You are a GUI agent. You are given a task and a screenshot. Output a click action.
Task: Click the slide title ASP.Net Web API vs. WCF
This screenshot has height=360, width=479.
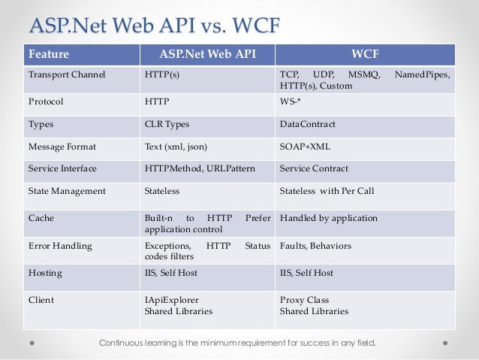153,26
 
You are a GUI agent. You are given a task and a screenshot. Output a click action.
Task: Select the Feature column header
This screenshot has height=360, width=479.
48,54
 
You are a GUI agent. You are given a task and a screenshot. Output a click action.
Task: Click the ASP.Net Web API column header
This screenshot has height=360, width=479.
207,54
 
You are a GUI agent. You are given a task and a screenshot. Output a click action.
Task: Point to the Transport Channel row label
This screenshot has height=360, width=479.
67,75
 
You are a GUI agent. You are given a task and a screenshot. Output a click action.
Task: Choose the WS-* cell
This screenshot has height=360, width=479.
291,101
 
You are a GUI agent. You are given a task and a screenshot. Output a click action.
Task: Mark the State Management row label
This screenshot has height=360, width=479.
67,191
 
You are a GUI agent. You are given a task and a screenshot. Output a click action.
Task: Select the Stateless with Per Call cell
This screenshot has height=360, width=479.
327,191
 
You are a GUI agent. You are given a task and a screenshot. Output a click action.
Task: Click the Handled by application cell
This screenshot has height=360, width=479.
328,218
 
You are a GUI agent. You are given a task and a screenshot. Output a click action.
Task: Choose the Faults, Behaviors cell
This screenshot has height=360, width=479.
315,246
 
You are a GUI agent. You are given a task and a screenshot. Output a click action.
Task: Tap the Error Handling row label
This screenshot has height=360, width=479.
59,246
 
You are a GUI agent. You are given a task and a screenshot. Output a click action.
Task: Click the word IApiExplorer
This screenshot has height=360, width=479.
172,300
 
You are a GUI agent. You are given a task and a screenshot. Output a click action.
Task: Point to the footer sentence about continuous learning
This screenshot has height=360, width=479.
238,344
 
